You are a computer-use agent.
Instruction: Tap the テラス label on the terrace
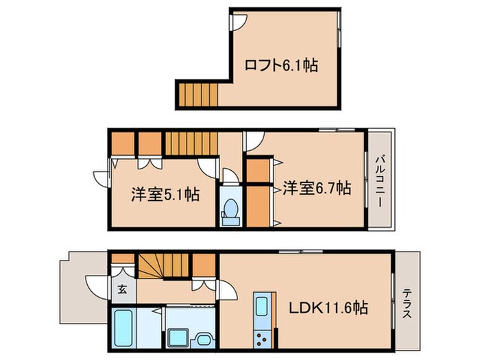click(406, 302)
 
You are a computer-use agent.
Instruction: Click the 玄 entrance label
click(121, 289)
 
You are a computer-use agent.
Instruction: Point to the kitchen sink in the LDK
click(262, 307)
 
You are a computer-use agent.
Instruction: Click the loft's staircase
click(197, 94)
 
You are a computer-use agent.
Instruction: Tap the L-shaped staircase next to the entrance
click(162, 266)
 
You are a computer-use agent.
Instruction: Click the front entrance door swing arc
click(96, 285)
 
